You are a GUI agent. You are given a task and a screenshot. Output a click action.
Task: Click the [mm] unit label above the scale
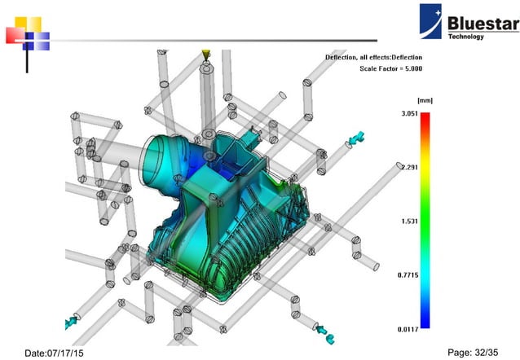424,100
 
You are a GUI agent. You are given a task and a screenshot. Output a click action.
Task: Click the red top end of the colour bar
425,119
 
